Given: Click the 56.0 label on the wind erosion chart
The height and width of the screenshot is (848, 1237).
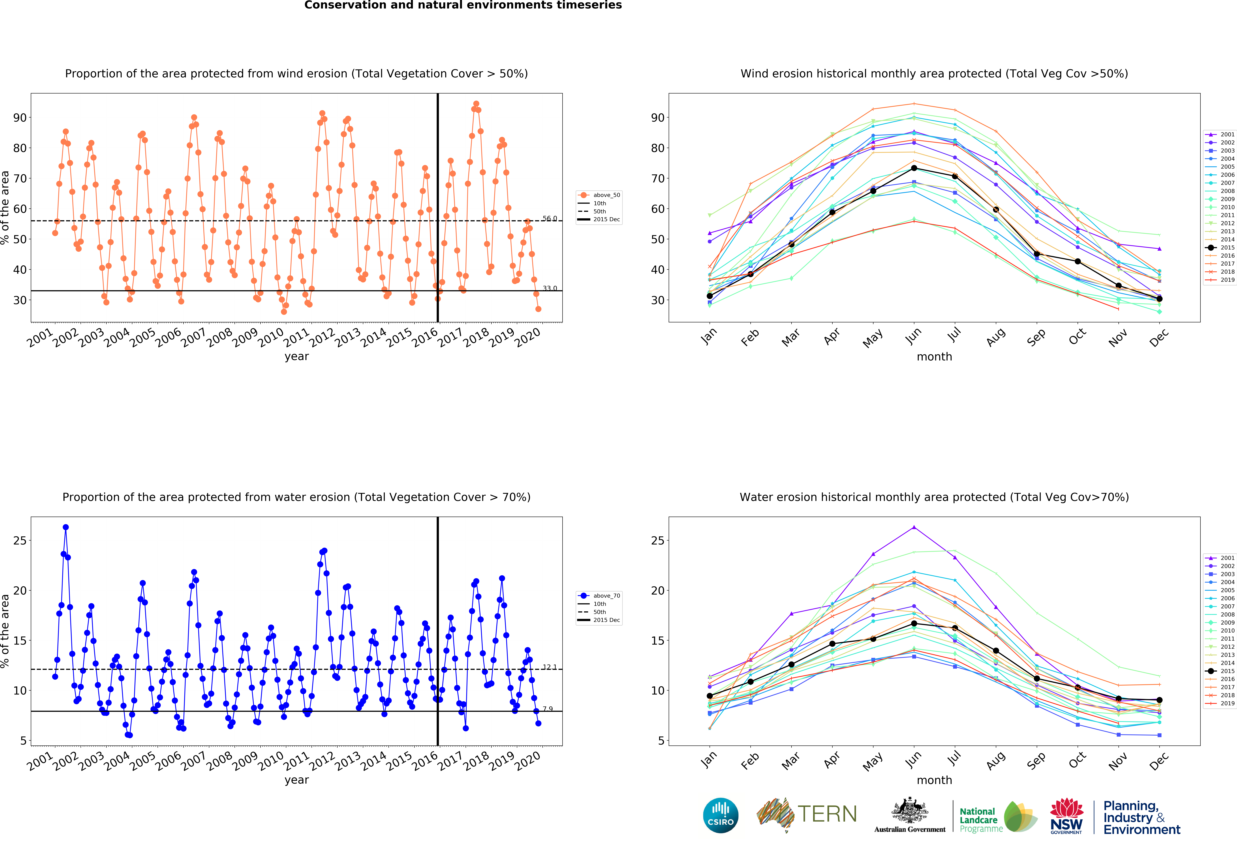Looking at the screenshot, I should point(550,218).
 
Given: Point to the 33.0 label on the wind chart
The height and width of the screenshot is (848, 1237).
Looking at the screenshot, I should point(550,289).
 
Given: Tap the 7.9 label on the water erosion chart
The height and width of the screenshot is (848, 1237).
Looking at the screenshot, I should point(548,709).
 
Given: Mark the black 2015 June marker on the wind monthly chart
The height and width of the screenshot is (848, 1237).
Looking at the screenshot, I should point(914,168).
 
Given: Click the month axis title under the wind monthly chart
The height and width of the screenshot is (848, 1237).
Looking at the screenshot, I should point(934,357).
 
